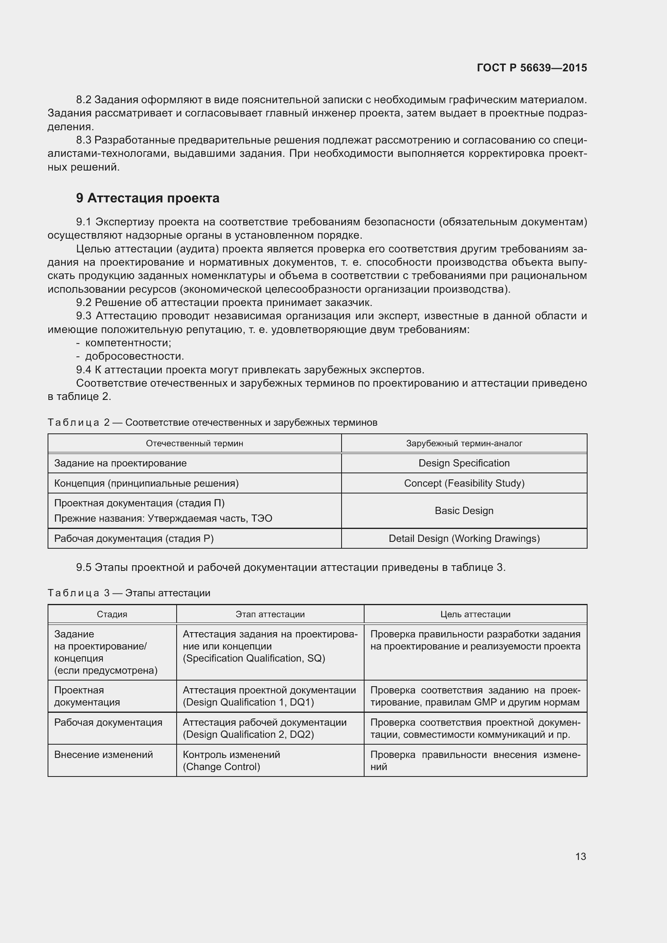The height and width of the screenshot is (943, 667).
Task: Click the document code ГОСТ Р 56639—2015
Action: [x=532, y=68]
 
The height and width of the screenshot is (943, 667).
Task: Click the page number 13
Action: [x=580, y=856]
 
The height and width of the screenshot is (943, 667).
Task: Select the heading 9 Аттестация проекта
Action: [x=148, y=198]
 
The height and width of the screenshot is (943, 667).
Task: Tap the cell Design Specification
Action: [x=464, y=463]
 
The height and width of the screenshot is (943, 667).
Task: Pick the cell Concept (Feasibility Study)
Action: [x=464, y=483]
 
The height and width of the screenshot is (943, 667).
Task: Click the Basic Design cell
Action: [x=464, y=510]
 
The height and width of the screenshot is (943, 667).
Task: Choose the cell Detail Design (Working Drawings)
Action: [x=464, y=538]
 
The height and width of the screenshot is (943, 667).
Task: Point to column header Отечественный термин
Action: [x=194, y=443]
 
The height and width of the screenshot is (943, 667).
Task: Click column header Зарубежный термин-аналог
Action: [x=464, y=443]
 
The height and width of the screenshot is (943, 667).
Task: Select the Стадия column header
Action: [x=112, y=614]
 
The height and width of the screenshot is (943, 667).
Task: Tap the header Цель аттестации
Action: [x=475, y=614]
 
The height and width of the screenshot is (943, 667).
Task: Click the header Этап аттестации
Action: [x=270, y=614]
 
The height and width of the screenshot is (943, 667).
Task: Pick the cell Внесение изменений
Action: [x=104, y=754]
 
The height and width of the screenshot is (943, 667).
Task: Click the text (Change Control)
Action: [x=221, y=766]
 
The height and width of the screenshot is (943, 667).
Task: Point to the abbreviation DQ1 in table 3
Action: [x=302, y=702]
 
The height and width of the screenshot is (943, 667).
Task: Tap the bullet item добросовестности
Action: [x=134, y=356]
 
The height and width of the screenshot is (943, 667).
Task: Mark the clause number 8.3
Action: [x=83, y=140]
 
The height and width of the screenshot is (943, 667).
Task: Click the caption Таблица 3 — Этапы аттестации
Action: [x=129, y=593]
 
